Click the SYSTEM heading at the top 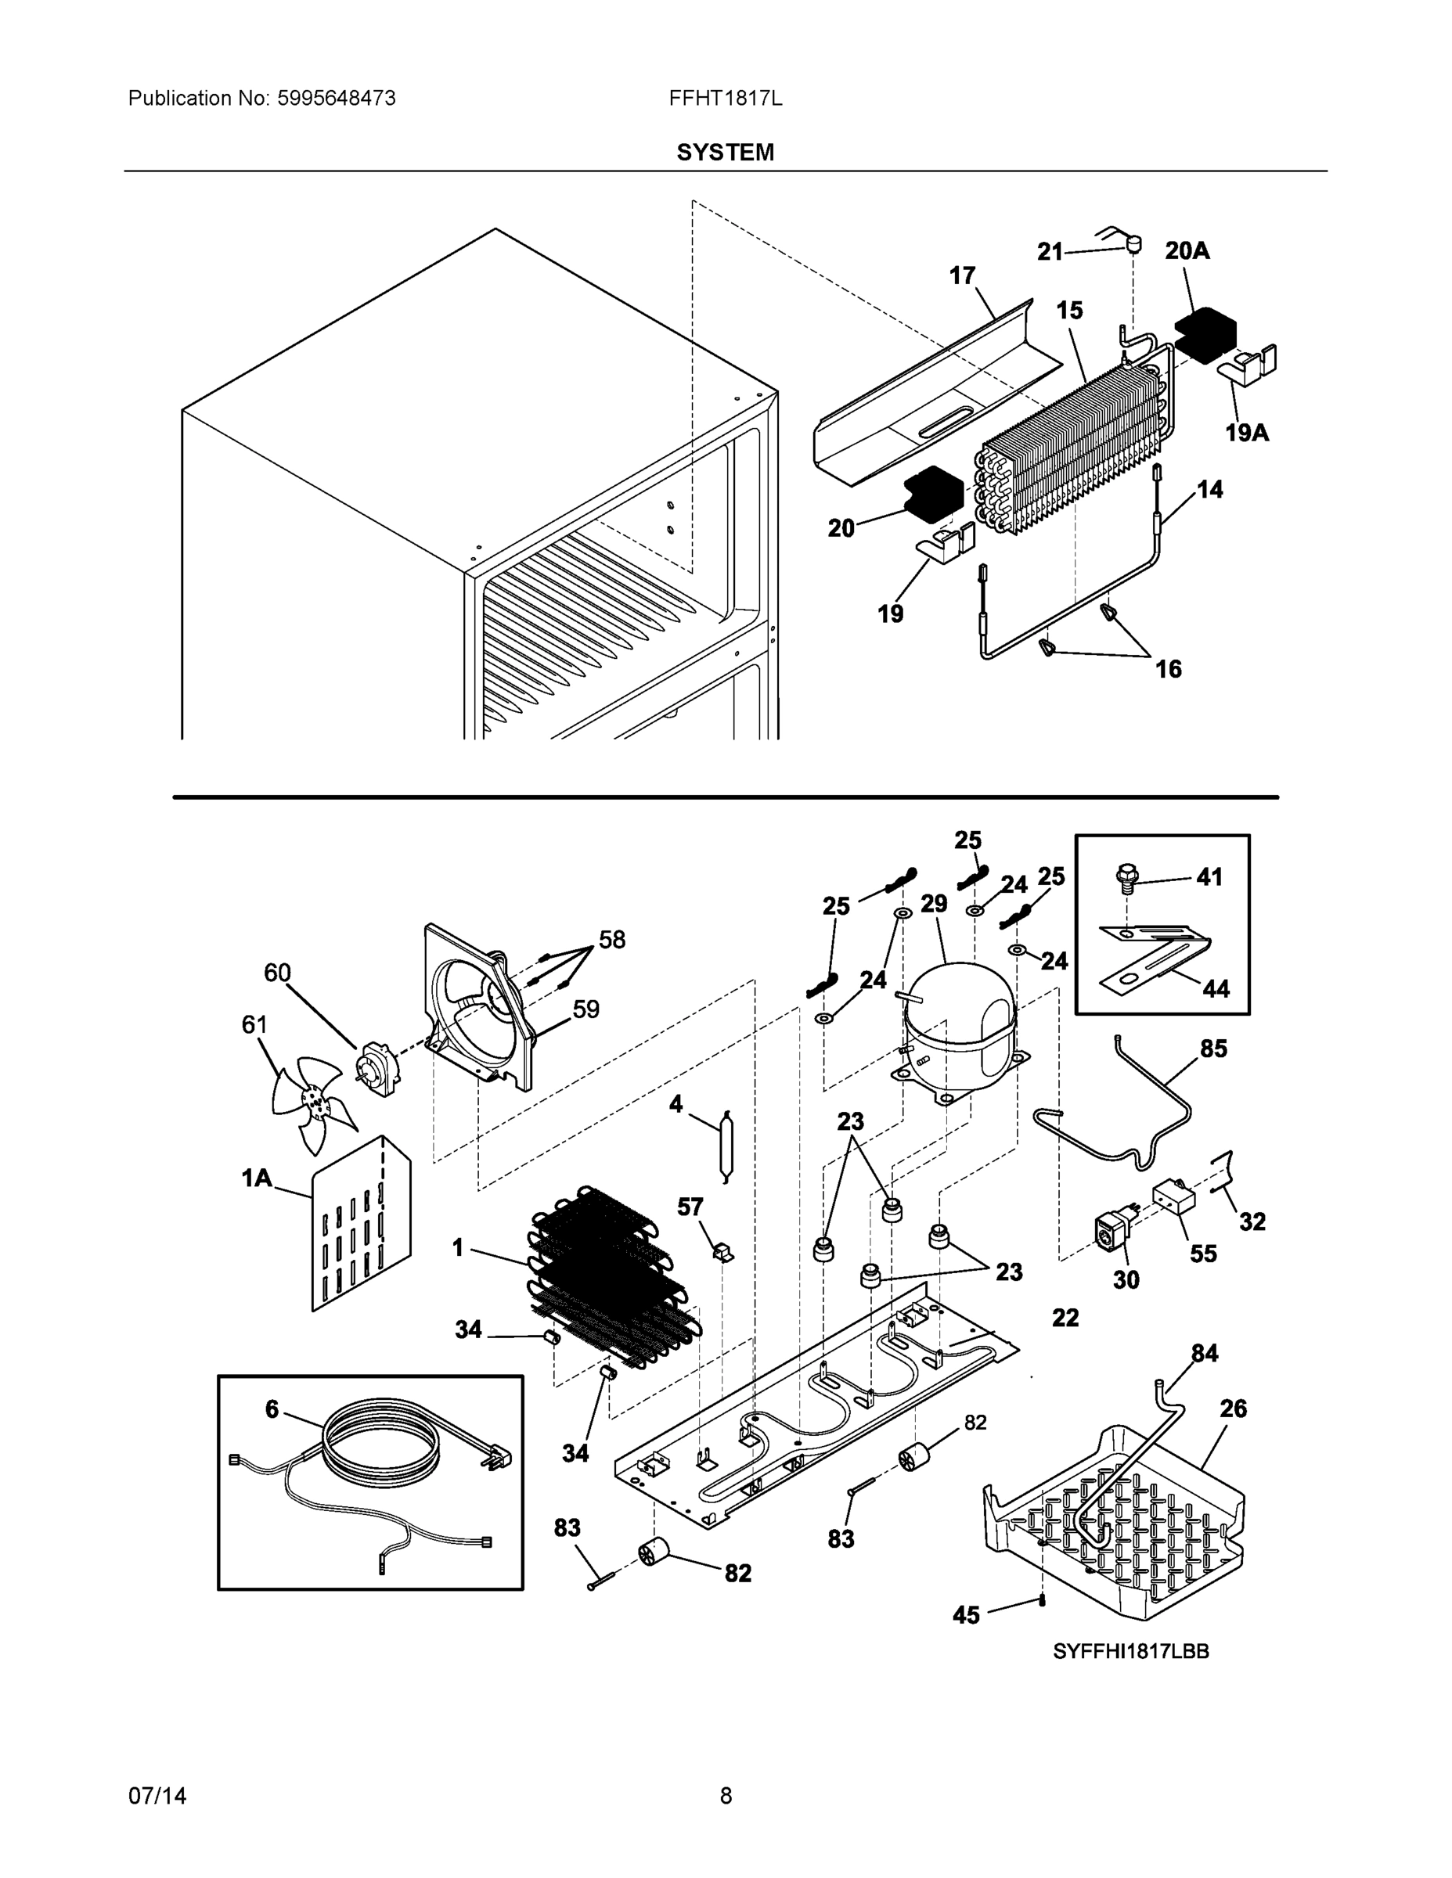724,153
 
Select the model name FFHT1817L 725,98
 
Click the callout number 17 962,275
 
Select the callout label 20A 1187,250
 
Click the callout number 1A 256,1177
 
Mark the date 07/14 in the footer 157,1796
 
